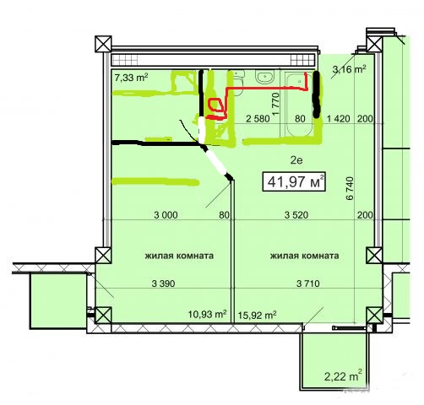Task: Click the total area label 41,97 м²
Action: [294, 181]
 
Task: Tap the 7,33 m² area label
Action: [131, 77]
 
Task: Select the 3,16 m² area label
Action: [349, 69]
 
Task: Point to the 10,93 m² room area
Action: [208, 314]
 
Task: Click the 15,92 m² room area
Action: [257, 315]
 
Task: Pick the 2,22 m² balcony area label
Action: [343, 375]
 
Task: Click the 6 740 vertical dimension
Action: [350, 188]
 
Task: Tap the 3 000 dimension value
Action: [166, 215]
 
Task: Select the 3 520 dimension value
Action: [296, 215]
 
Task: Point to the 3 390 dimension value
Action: [163, 283]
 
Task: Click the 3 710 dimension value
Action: [308, 283]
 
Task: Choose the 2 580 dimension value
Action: [258, 119]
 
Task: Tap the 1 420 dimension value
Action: [339, 119]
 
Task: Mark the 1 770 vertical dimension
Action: [276, 104]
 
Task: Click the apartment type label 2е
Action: [296, 160]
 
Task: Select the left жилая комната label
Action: [179, 256]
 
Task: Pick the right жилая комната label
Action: [304, 256]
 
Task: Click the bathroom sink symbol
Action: [264, 77]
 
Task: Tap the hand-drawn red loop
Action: [215, 104]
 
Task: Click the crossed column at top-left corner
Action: [103, 44]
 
